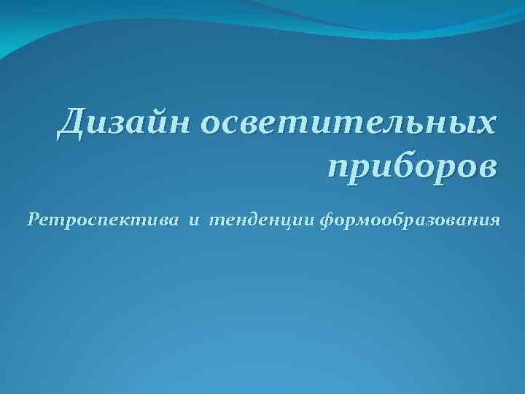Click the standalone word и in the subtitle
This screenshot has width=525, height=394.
tap(194, 220)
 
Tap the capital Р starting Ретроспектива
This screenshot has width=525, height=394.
tap(34, 219)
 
